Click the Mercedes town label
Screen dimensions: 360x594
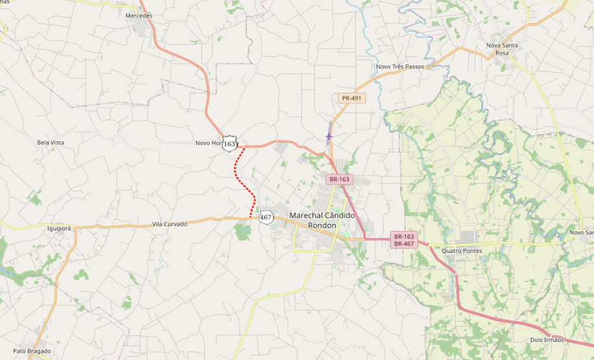138,16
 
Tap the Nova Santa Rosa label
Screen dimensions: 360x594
502,49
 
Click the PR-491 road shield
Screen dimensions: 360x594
352,99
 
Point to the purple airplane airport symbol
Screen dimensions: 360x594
329,136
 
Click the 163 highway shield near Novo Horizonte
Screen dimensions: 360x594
229,144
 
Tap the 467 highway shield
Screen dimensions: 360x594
266,217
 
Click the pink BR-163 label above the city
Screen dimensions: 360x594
339,179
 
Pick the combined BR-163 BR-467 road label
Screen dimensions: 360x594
403,240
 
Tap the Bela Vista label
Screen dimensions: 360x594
51,142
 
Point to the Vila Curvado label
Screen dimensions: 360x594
169,224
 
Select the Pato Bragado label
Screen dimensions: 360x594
32,351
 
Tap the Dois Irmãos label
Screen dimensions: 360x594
547,340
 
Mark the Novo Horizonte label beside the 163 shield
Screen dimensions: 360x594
208,143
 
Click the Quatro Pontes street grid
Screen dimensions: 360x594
464,235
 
